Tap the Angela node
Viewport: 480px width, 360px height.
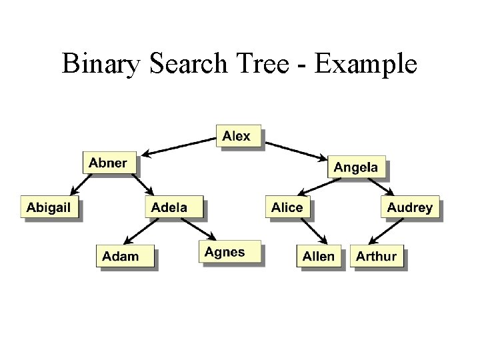click(x=355, y=167)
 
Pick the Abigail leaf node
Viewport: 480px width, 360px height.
click(x=49, y=207)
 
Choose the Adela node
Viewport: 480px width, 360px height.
click(x=170, y=207)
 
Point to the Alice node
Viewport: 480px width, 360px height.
click(x=287, y=207)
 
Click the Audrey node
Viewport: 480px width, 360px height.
click(x=409, y=207)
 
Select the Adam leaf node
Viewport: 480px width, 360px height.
click(x=121, y=256)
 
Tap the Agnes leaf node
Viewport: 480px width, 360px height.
click(x=225, y=252)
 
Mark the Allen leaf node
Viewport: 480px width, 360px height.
click(x=319, y=256)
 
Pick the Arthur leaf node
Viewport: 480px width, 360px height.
click(x=377, y=256)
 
